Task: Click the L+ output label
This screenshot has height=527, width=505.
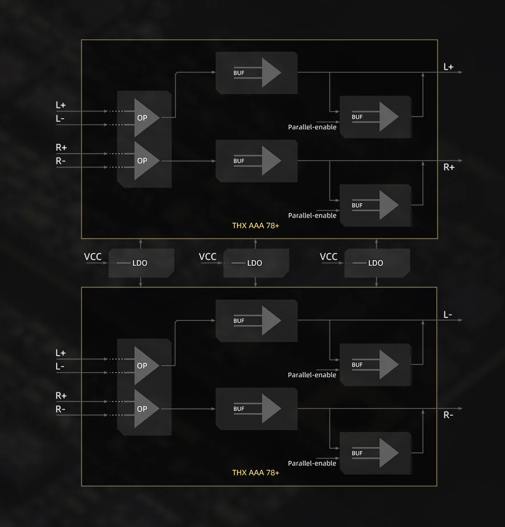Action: point(448,67)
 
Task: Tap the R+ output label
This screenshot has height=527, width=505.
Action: point(449,167)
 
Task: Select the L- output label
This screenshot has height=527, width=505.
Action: point(448,315)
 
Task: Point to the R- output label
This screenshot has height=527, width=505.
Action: point(448,415)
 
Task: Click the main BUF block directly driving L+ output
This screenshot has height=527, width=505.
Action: point(256,73)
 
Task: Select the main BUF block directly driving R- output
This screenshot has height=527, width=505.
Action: point(256,409)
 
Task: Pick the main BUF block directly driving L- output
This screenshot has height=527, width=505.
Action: point(256,321)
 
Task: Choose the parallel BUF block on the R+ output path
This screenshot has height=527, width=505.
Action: point(375,205)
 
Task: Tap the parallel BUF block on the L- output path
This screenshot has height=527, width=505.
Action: point(375,365)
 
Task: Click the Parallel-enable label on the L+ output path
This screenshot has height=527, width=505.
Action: point(312,127)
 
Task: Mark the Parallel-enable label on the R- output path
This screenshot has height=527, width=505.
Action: point(312,463)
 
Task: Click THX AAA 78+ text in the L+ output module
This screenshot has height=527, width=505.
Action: point(255,226)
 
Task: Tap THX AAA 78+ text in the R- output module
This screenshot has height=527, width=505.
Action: point(255,473)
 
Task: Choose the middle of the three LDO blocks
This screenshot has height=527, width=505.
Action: point(256,263)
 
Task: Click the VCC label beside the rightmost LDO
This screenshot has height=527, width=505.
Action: point(328,256)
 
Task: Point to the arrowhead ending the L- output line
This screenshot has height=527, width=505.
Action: point(460,320)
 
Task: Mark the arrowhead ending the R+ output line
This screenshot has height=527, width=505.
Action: point(460,160)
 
